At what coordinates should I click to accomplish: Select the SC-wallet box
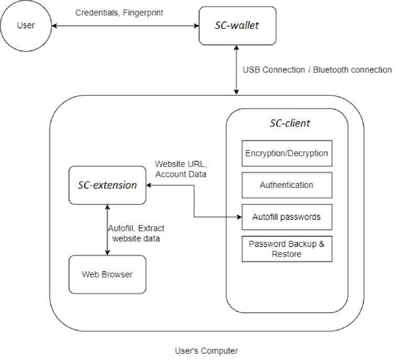click(x=237, y=25)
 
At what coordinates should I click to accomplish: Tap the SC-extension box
click(x=108, y=185)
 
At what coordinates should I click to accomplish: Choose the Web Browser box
click(x=108, y=274)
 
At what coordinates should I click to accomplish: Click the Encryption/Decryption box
click(x=287, y=153)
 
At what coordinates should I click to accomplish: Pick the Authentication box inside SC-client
click(x=287, y=185)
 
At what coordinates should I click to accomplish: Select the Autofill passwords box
click(x=287, y=217)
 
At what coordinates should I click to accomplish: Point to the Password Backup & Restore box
click(x=287, y=249)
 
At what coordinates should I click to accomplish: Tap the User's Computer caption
click(x=206, y=350)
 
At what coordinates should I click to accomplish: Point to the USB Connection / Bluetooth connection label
click(x=317, y=70)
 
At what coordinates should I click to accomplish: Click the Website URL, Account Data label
click(x=179, y=169)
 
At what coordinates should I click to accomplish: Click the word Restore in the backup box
click(x=286, y=254)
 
